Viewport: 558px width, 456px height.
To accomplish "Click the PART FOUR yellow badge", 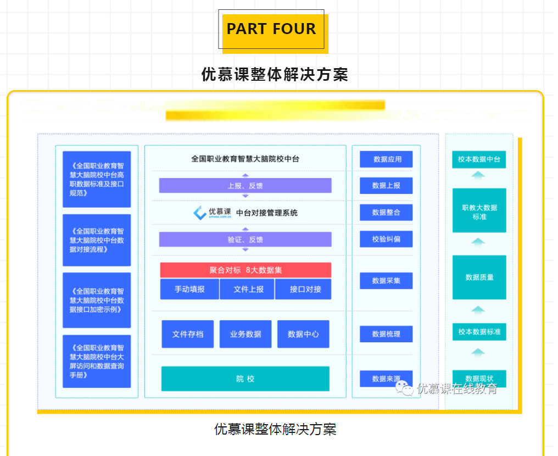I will [x=272, y=30].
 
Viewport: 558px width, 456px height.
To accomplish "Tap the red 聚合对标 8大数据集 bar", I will [x=245, y=270].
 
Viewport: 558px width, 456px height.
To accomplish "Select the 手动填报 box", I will [x=189, y=289].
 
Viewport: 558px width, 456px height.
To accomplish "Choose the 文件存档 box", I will [x=188, y=334].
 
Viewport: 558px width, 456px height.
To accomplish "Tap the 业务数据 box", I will [x=245, y=334].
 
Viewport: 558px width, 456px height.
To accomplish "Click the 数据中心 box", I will [x=303, y=334].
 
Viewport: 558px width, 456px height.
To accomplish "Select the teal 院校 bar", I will [x=245, y=379].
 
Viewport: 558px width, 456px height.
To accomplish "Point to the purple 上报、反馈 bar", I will [x=245, y=186].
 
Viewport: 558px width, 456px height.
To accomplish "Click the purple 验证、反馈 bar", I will [x=245, y=240].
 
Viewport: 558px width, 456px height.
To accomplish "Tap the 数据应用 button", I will [x=386, y=159].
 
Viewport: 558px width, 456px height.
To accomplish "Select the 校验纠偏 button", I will [x=386, y=239].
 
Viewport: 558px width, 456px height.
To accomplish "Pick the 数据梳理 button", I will [x=386, y=334].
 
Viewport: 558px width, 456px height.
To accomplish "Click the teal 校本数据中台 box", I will [x=479, y=159].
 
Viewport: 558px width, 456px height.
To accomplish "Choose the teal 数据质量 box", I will [x=479, y=277].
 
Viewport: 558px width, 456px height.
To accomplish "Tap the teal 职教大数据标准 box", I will [x=479, y=212].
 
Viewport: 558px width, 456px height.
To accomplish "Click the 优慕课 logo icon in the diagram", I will [x=200, y=213].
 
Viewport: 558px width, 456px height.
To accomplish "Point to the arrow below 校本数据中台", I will [x=478, y=175].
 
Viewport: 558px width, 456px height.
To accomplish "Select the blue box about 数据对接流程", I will [x=97, y=240].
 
